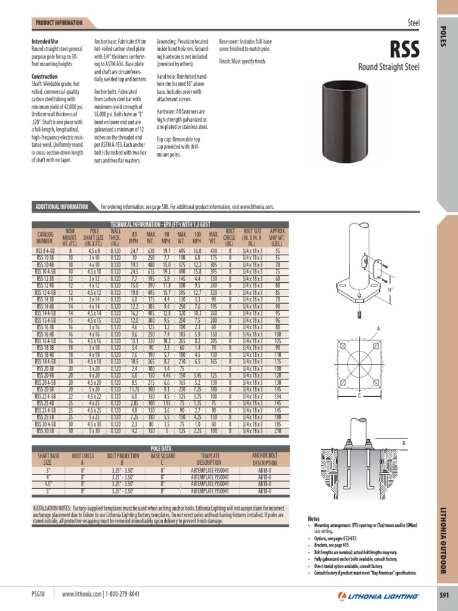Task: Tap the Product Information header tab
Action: pos(59,23)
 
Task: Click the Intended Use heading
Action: pos(45,41)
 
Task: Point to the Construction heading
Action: pos(45,77)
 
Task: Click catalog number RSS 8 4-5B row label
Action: pos(45,252)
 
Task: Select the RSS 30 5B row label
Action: pos(45,430)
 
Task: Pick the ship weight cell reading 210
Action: pos(277,430)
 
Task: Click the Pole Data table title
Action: pos(160,448)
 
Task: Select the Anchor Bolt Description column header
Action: pos(265,458)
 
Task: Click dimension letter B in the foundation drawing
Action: pos(403,443)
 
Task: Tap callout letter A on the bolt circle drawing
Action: pos(377,328)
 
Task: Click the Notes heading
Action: pos(314,519)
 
